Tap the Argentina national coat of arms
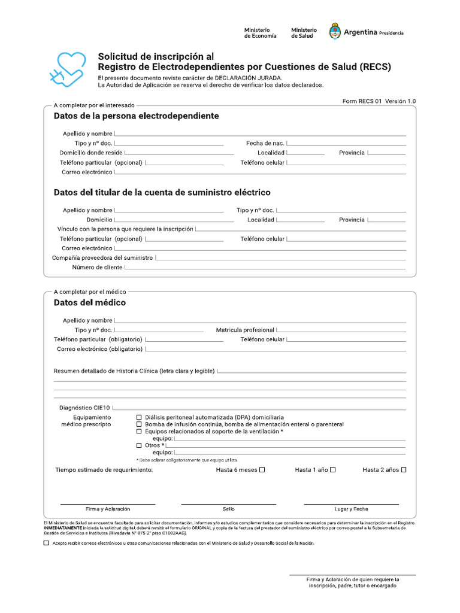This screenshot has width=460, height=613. [x=335, y=32]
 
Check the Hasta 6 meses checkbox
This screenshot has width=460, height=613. [x=262, y=470]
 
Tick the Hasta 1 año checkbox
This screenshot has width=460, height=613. [x=333, y=470]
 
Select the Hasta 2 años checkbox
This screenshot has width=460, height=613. [x=404, y=470]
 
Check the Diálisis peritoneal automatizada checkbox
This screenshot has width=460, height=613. [x=140, y=417]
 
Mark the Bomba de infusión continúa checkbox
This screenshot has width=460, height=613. [x=140, y=424]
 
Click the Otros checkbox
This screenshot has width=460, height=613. [x=140, y=445]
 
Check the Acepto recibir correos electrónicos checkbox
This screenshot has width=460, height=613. [x=47, y=544]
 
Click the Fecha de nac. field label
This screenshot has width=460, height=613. [x=265, y=144]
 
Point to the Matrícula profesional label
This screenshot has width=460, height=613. [x=245, y=330]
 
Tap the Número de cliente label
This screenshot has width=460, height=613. [x=97, y=268]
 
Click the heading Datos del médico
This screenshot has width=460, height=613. [x=90, y=303]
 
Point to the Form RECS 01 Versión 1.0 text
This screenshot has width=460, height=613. [x=379, y=102]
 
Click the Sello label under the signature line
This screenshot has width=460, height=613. [x=228, y=509]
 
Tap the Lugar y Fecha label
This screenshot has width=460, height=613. [x=351, y=509]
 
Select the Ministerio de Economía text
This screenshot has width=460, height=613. [x=260, y=33]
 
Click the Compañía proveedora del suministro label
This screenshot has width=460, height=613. [x=102, y=258]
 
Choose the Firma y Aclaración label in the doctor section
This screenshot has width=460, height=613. [x=108, y=509]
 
